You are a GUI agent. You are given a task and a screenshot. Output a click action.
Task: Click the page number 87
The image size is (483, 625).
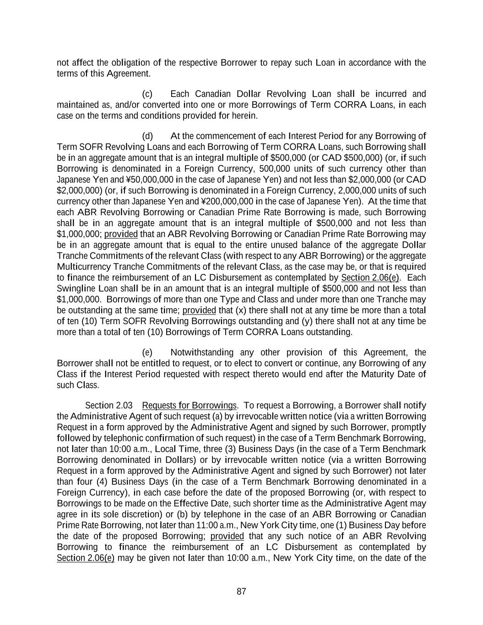click(x=241, y=592)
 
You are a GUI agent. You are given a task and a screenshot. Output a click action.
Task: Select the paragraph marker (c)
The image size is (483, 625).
click(x=147, y=94)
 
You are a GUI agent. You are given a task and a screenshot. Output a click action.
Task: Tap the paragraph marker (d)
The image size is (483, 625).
click(x=147, y=136)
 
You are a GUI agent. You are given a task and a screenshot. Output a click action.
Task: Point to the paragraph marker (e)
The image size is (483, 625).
click(x=147, y=353)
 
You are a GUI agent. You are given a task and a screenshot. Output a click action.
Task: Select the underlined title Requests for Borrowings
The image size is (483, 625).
click(x=189, y=406)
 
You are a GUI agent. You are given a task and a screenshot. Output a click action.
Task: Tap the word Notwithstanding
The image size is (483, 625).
click(x=201, y=353)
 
